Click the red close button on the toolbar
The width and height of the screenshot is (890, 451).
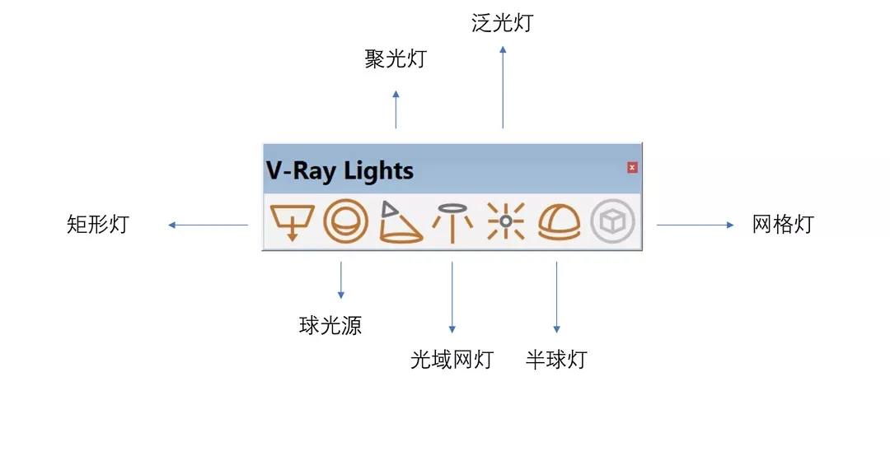pyautogui.click(x=632, y=168)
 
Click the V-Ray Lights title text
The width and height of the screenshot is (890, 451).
pyautogui.click(x=340, y=170)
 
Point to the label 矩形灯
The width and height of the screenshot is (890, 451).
pyautogui.click(x=98, y=224)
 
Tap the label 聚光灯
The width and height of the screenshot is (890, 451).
pyautogui.click(x=396, y=59)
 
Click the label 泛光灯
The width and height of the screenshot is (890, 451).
pyautogui.click(x=503, y=22)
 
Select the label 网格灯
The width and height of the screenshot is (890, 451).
pyautogui.click(x=783, y=224)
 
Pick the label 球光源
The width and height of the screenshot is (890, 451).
pyautogui.click(x=330, y=326)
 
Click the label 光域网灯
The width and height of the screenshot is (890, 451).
pyautogui.click(x=452, y=360)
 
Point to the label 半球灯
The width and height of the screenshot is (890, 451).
pyautogui.click(x=556, y=360)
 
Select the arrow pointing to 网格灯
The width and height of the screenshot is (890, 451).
pyautogui.click(x=695, y=225)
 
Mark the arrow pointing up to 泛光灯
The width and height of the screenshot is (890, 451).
pyautogui.click(x=503, y=86)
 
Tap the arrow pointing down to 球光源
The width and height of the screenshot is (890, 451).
pyautogui.click(x=340, y=281)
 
